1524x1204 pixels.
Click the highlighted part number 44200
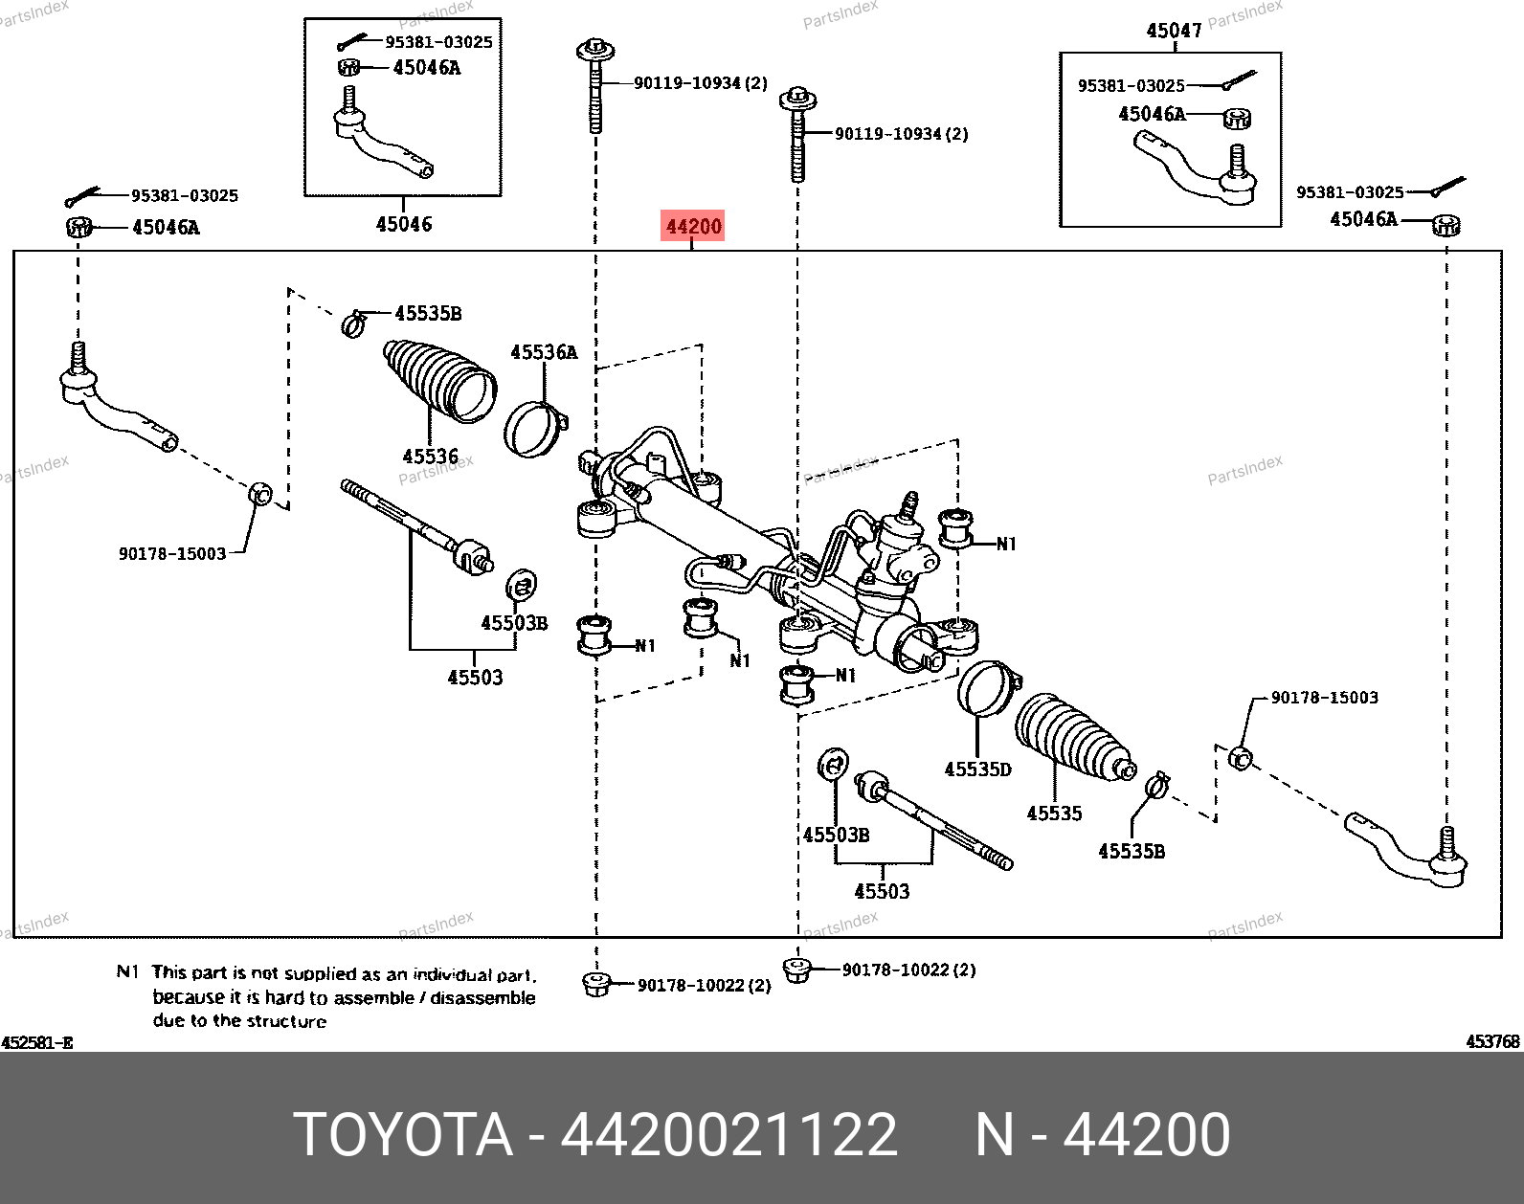click(x=693, y=227)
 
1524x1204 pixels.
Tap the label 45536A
click(x=544, y=352)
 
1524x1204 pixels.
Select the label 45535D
click(x=977, y=769)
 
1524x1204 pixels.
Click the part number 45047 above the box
click(x=1174, y=31)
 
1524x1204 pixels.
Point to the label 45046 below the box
click(x=404, y=224)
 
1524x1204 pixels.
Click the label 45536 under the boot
click(x=431, y=457)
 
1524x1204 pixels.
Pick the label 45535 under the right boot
click(x=1054, y=814)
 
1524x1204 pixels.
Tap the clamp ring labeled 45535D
click(x=986, y=687)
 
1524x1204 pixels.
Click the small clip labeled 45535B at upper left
click(x=353, y=323)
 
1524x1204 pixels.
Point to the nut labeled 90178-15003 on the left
click(x=260, y=495)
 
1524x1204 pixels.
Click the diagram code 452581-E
click(x=36, y=1042)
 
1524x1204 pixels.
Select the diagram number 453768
click(x=1492, y=1041)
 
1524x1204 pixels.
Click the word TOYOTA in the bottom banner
click(x=403, y=1135)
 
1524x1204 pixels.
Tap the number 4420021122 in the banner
click(x=728, y=1135)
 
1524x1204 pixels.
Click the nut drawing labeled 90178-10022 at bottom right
click(x=796, y=970)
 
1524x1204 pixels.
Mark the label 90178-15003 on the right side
click(x=1324, y=698)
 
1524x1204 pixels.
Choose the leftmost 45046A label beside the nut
click(x=166, y=227)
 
